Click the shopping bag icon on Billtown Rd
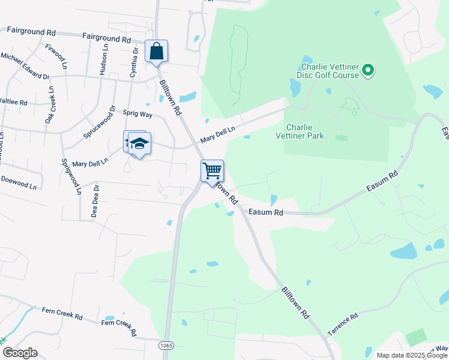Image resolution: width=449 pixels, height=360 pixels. pos(156,52)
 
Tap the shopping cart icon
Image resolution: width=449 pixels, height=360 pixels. pos(212,171)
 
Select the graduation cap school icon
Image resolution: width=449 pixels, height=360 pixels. pos(139,145)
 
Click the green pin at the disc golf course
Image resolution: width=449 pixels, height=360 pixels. pos(369,71)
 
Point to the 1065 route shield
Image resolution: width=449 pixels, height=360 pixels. pos(166,346)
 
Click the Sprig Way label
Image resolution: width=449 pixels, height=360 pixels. pos(137,113)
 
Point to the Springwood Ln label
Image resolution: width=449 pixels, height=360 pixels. pos(71,177)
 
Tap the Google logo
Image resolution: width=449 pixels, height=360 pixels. pos(20,353)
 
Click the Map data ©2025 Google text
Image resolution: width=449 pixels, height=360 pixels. pos(411,355)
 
